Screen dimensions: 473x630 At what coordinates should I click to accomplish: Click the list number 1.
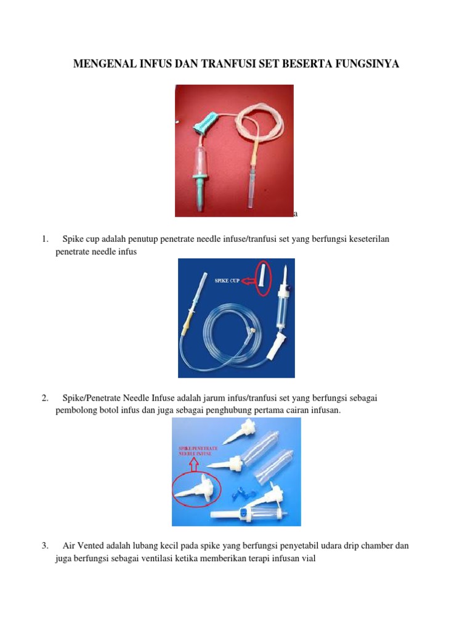click(x=44, y=239)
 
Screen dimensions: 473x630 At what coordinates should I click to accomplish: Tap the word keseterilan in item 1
click(x=370, y=239)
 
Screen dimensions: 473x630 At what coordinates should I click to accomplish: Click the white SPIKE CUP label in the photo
click(x=227, y=281)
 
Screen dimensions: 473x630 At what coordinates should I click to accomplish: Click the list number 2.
click(x=44, y=398)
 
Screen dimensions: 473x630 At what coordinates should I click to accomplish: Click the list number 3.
click(x=44, y=546)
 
